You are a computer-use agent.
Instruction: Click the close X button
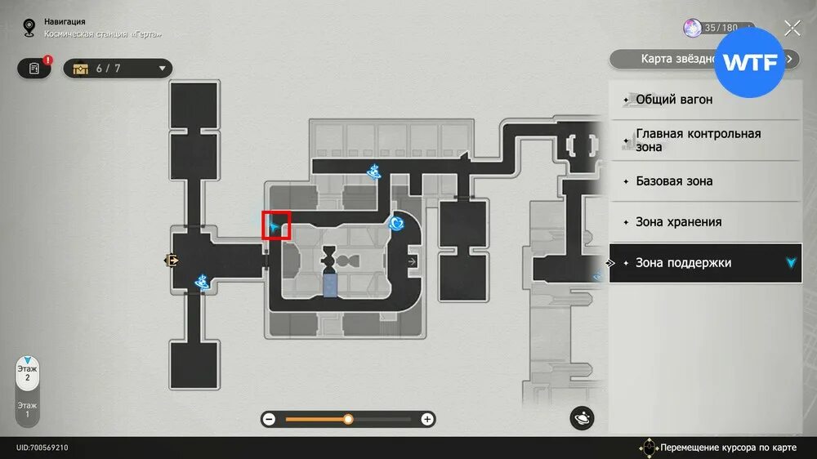point(792,29)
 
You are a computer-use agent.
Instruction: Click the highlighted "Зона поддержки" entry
point(704,263)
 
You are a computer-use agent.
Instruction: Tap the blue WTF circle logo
point(749,63)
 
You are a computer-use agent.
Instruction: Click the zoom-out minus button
point(269,419)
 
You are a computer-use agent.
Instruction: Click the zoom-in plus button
point(426,419)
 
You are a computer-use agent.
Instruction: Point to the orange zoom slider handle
point(348,419)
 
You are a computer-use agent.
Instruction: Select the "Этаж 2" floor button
point(28,374)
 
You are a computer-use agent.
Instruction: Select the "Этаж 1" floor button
point(28,409)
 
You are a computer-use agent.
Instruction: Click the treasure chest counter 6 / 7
point(118,69)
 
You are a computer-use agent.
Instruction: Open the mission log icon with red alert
point(34,69)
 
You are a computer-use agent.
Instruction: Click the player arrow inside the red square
point(275,225)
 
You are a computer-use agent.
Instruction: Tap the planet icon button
point(583,418)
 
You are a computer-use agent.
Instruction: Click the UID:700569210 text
point(42,448)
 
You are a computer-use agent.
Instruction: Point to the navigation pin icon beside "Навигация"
point(29,28)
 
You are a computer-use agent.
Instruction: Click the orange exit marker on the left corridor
point(172,261)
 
